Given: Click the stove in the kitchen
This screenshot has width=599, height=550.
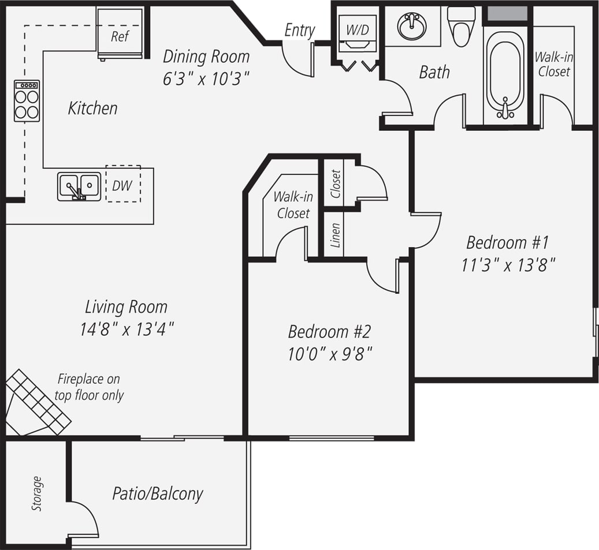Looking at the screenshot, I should [x=27, y=100].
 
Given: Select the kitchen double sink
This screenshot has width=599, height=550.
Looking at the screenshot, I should [x=79, y=186].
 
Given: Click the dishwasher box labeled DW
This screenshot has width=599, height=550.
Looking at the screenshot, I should [x=122, y=185].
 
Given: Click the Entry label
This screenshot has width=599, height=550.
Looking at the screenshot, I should [x=299, y=31].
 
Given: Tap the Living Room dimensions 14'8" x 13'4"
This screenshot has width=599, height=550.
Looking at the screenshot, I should [x=127, y=330].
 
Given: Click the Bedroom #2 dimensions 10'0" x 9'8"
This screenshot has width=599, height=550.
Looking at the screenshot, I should [x=329, y=353].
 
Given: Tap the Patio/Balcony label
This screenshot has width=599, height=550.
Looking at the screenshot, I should [x=158, y=494].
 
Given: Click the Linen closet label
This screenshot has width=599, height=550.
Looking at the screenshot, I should [x=336, y=235].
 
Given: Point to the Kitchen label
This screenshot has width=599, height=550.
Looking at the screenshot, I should [x=92, y=108].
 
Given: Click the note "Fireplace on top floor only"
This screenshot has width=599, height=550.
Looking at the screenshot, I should [x=89, y=387].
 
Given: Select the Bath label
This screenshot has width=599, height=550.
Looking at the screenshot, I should [x=434, y=72].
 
